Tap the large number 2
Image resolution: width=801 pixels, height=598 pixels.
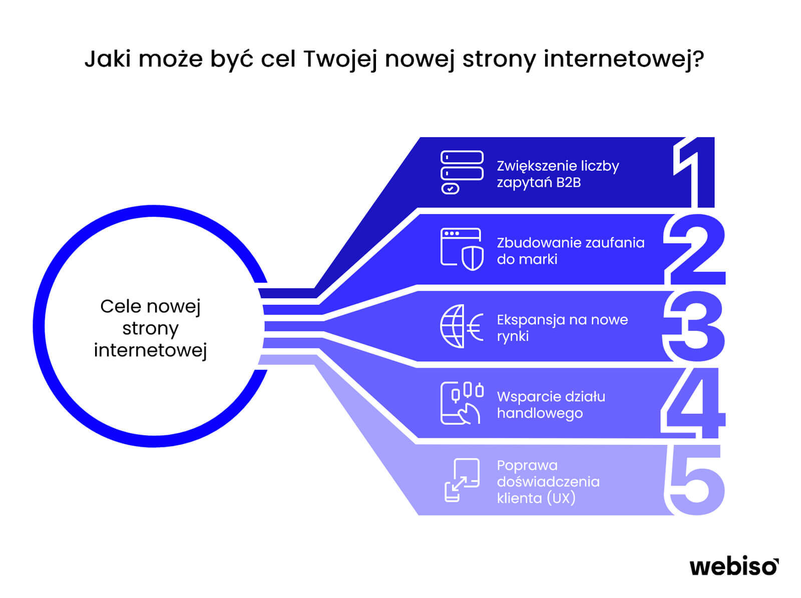coord(694,249)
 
